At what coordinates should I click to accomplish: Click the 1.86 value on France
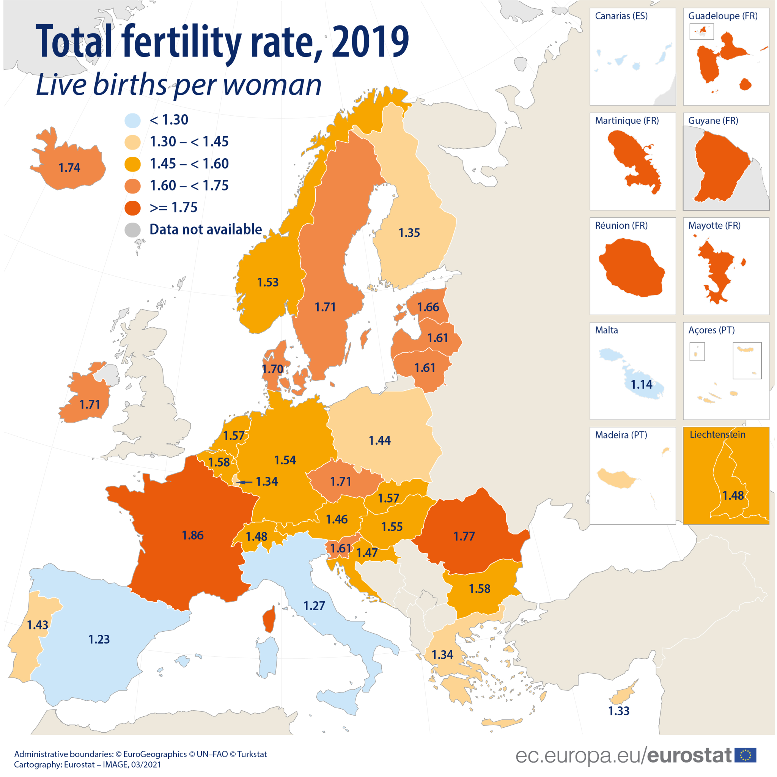coord(193,535)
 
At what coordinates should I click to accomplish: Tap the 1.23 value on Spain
coord(99,639)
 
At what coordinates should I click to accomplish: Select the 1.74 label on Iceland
coord(69,168)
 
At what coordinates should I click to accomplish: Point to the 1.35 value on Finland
coord(409,233)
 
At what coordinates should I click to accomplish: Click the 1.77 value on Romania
coord(464,536)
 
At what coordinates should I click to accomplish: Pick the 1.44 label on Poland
coord(380,440)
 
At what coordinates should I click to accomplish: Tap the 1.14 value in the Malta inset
coord(642,384)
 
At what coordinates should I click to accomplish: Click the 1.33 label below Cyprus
coord(618,711)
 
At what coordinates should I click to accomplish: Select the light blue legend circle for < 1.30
coord(132,120)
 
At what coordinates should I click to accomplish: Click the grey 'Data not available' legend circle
coord(132,230)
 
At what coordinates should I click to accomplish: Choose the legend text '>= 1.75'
coord(173,208)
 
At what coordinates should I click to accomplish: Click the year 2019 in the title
coord(370,41)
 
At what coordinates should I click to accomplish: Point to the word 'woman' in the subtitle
coord(272,85)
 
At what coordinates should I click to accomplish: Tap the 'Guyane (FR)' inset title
coord(713,121)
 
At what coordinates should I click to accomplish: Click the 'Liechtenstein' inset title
coord(717,434)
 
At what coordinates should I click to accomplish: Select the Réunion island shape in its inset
coord(631,267)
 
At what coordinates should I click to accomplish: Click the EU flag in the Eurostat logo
coord(745,755)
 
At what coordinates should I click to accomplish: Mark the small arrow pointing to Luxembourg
coord(244,482)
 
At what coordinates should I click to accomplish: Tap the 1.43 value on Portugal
coord(38,625)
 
